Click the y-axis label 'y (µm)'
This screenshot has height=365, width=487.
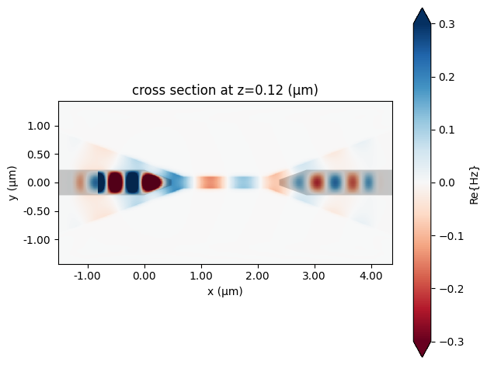click(x=12, y=183)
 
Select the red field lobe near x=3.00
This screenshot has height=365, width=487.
click(x=316, y=183)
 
